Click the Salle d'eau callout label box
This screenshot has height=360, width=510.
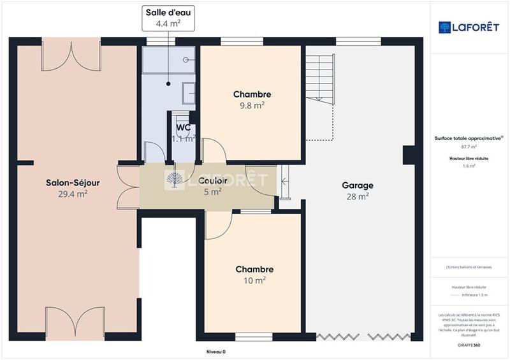coord(168,18)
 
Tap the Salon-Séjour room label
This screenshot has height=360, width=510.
coord(72,183)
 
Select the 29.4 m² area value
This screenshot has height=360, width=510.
coord(72,194)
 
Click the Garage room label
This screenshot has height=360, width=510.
coord(358,185)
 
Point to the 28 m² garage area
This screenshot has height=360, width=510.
coord(358,197)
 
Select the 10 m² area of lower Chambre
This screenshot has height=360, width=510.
coord(254,280)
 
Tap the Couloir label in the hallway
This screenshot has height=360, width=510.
coord(212,180)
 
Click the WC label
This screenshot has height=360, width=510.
coord(184,127)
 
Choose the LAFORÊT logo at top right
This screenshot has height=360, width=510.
coord(469,27)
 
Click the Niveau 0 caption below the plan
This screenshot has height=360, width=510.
coord(215,352)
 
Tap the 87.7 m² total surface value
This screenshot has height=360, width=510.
coord(469,147)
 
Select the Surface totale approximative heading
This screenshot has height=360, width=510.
coord(469,138)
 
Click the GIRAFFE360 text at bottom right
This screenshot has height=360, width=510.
coord(469,344)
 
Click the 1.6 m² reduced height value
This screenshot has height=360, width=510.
coord(469,166)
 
